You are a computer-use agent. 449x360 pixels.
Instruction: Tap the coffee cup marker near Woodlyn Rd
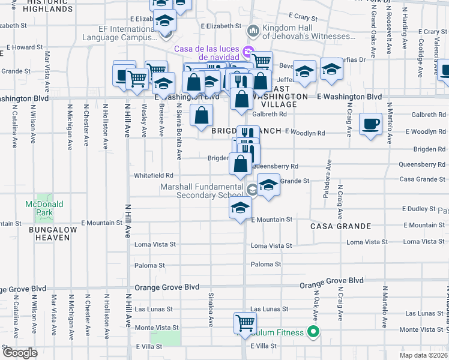(370, 124)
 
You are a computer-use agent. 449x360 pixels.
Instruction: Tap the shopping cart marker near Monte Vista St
(245, 322)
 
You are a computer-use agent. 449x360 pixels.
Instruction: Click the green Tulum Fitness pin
(312, 331)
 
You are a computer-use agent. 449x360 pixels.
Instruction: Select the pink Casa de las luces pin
(247, 50)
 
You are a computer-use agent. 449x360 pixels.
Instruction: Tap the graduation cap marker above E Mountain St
(240, 208)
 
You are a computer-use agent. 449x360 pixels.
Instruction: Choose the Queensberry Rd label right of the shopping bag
(276, 166)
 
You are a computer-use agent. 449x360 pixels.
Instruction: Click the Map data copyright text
(423, 355)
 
